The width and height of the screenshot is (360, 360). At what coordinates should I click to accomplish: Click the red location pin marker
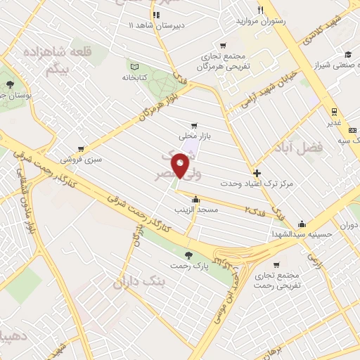click(181, 167)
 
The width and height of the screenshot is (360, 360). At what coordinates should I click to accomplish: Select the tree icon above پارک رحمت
click(187, 255)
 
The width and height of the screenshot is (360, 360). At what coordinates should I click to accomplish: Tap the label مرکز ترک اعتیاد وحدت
click(256, 184)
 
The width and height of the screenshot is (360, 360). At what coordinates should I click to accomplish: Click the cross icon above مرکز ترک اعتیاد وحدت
click(257, 173)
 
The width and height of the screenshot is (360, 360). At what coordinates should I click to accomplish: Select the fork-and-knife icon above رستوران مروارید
click(260, 10)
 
